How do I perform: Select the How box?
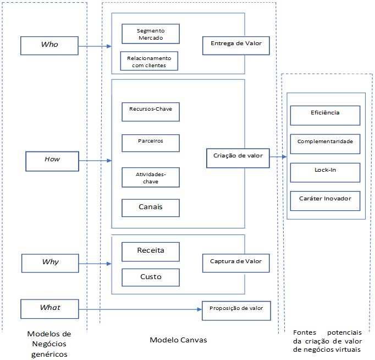(52, 160)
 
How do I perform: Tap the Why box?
(51, 263)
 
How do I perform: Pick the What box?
(50, 308)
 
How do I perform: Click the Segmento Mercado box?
(150, 34)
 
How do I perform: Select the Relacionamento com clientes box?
(149, 61)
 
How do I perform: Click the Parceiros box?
(151, 142)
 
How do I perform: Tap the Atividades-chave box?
(151, 177)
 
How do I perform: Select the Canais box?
(151, 208)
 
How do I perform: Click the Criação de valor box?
(238, 157)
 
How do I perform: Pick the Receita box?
(151, 252)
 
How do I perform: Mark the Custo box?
(151, 277)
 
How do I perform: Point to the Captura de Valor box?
(236, 263)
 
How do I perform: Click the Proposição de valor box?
(236, 309)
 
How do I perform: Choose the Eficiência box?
(324, 114)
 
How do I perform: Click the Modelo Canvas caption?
(179, 340)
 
